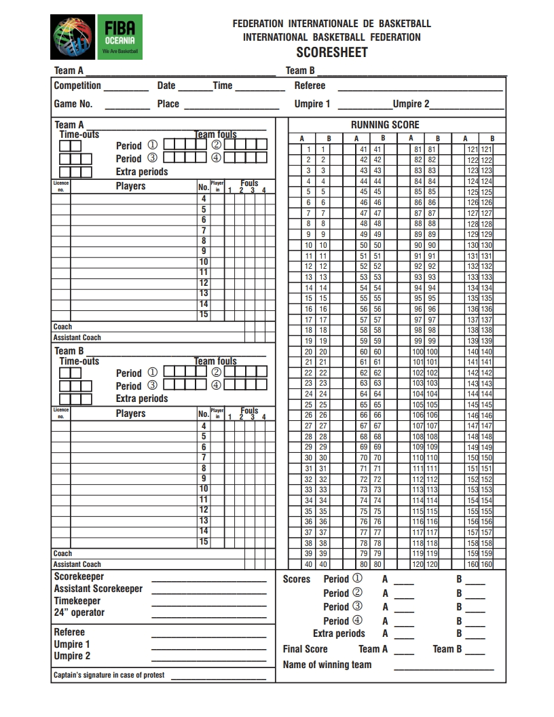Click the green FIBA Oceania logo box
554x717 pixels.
pos(119,37)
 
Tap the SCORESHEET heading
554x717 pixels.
pos(331,52)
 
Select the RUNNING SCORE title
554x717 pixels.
pos(385,124)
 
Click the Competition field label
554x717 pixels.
pos(77,86)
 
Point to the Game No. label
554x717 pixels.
pos(73,104)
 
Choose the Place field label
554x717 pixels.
pos(168,104)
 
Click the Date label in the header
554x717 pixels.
pos(166,86)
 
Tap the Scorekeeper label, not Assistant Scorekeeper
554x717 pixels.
pos(79,576)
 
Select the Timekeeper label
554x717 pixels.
pos(77,601)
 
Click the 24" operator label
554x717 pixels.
pos(79,612)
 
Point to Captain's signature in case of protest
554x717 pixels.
pos(109,676)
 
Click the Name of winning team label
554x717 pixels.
pos(327,665)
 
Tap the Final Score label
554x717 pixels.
pos(305,649)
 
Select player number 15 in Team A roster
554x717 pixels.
pos(204,315)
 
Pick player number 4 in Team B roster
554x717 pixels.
pos(204,426)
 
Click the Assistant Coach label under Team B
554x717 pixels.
pos(77,564)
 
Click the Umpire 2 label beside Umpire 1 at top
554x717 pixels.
pos(411,104)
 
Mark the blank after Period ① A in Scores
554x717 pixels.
pos(403,581)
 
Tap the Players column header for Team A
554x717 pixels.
pos(130,186)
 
